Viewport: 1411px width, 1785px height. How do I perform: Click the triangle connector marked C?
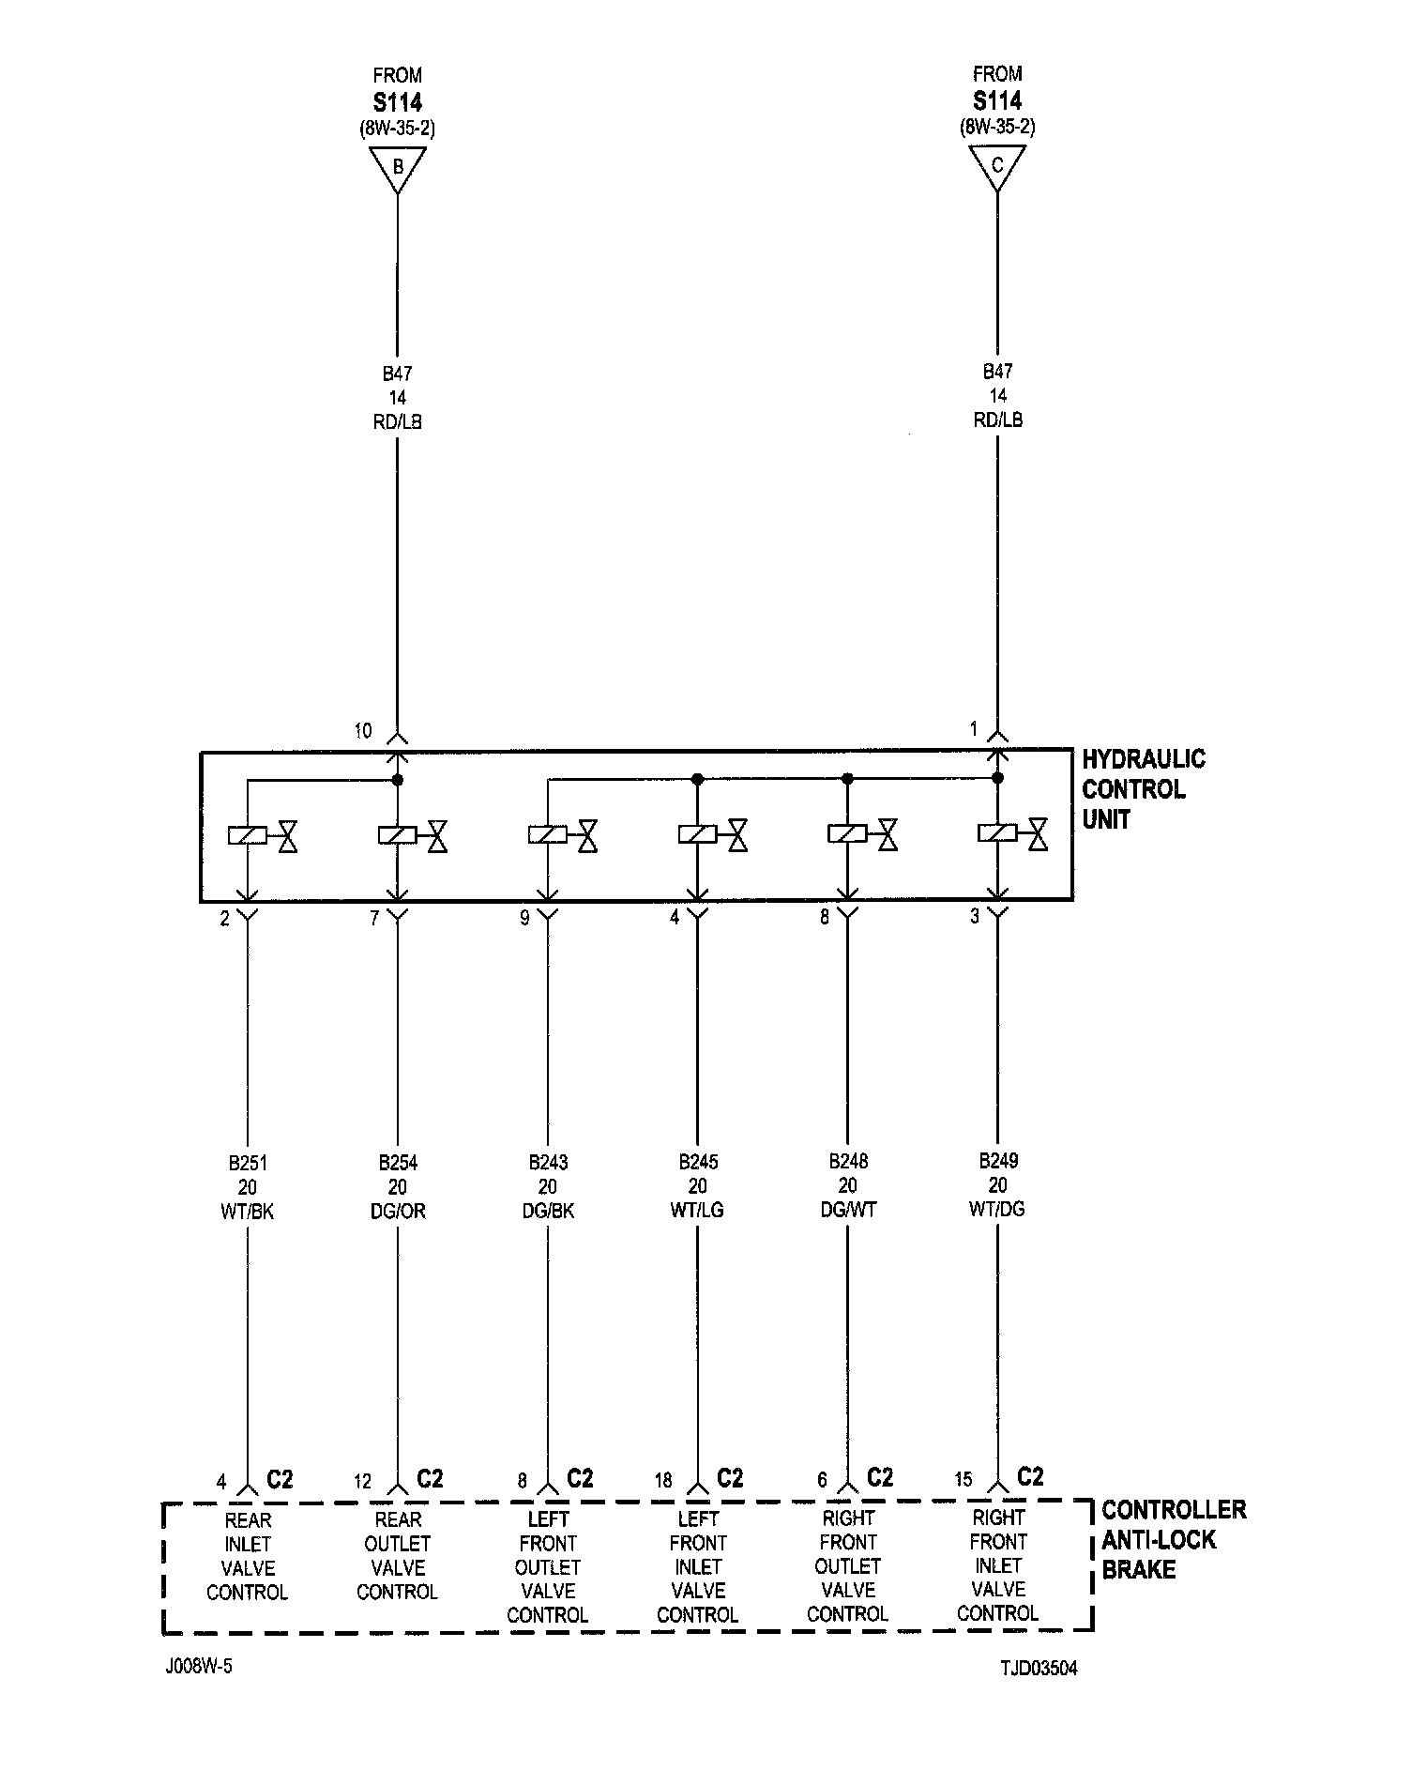coord(996,167)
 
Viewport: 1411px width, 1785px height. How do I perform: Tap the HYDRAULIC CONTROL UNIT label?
coord(1143,789)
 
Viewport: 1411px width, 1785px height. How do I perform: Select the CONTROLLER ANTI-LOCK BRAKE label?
coord(1173,1539)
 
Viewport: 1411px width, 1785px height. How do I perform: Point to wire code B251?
coord(248,1163)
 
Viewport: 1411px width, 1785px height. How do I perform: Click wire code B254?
coord(398,1163)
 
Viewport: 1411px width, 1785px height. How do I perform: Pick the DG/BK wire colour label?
coord(548,1212)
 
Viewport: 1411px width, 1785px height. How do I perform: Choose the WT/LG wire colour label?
coord(697,1211)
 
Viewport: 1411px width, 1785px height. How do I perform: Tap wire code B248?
coord(848,1161)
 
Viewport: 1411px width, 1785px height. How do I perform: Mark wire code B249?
coord(997,1160)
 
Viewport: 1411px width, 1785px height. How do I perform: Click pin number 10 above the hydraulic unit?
coord(363,731)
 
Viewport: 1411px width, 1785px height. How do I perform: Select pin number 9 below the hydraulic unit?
coord(524,918)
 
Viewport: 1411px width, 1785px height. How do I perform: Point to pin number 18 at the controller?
coord(663,1481)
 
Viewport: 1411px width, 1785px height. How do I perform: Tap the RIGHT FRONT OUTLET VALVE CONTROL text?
coord(848,1565)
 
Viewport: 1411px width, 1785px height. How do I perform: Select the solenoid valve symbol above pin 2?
coord(263,834)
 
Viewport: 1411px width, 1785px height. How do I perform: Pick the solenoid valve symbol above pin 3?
coord(1012,833)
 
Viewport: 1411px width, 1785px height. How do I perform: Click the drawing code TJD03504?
coord(1039,1669)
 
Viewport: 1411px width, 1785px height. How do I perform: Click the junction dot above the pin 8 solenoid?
coord(847,779)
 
